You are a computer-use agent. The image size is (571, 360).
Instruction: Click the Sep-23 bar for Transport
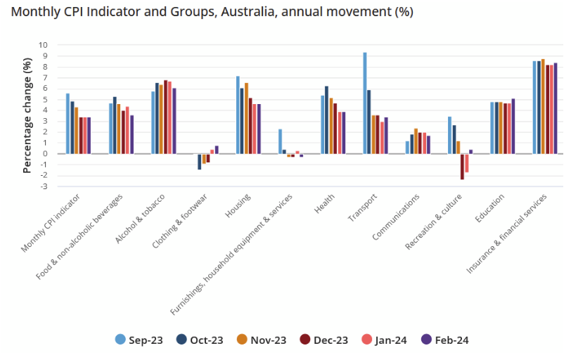coord(365,103)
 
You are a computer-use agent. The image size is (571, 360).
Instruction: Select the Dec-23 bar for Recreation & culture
coord(462,167)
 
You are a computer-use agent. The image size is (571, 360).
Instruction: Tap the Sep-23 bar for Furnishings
coord(280,141)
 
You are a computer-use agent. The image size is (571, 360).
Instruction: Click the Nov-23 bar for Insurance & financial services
coord(543,106)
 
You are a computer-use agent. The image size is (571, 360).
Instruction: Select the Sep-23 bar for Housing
coord(238,115)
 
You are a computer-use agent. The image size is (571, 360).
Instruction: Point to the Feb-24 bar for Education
coord(513,126)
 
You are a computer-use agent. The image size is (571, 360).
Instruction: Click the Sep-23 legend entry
coord(139,340)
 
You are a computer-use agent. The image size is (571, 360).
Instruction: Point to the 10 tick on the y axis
coord(44,45)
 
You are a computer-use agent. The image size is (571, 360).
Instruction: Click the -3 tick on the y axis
coord(44,186)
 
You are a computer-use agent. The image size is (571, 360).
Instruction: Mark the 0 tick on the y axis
coord(44,153)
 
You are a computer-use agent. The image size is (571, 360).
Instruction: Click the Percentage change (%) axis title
coord(27,115)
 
